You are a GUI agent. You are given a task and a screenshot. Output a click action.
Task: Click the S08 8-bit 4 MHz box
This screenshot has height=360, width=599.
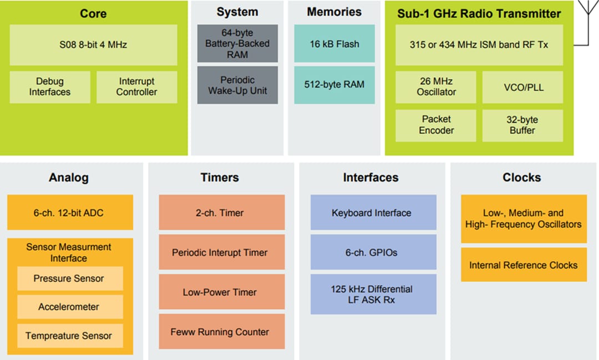(93, 45)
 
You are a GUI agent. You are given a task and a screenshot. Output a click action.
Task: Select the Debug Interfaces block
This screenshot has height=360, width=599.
(50, 87)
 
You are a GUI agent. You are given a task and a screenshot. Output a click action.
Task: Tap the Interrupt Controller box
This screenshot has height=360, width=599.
(136, 87)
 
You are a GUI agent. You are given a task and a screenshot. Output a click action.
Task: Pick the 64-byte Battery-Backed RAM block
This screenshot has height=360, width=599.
(237, 44)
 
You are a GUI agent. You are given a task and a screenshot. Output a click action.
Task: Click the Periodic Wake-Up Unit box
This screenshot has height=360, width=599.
(237, 85)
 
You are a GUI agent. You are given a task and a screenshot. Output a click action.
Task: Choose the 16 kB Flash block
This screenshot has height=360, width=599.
(334, 44)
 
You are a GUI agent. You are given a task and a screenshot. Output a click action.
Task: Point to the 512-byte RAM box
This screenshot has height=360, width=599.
(334, 85)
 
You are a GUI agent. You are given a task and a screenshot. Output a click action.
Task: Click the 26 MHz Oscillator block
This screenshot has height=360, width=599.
(436, 87)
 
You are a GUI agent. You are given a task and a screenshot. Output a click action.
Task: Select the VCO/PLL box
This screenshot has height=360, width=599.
(522, 87)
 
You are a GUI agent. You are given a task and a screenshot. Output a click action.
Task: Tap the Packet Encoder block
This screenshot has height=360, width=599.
(436, 125)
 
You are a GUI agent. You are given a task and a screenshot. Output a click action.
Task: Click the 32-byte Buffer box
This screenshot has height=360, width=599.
(522, 125)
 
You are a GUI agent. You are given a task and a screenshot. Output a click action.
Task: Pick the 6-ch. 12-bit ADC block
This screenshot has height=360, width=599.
(70, 212)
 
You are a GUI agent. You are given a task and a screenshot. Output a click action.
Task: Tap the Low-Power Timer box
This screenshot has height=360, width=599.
(222, 292)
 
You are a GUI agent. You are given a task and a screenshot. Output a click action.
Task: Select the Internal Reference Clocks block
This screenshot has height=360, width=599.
(524, 265)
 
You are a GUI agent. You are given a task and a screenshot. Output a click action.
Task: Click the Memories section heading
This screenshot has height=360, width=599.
(334, 12)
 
